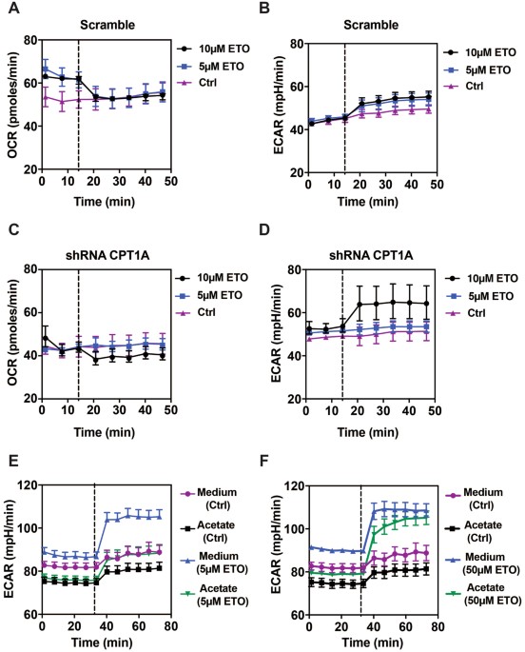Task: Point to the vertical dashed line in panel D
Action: (x=341, y=333)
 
